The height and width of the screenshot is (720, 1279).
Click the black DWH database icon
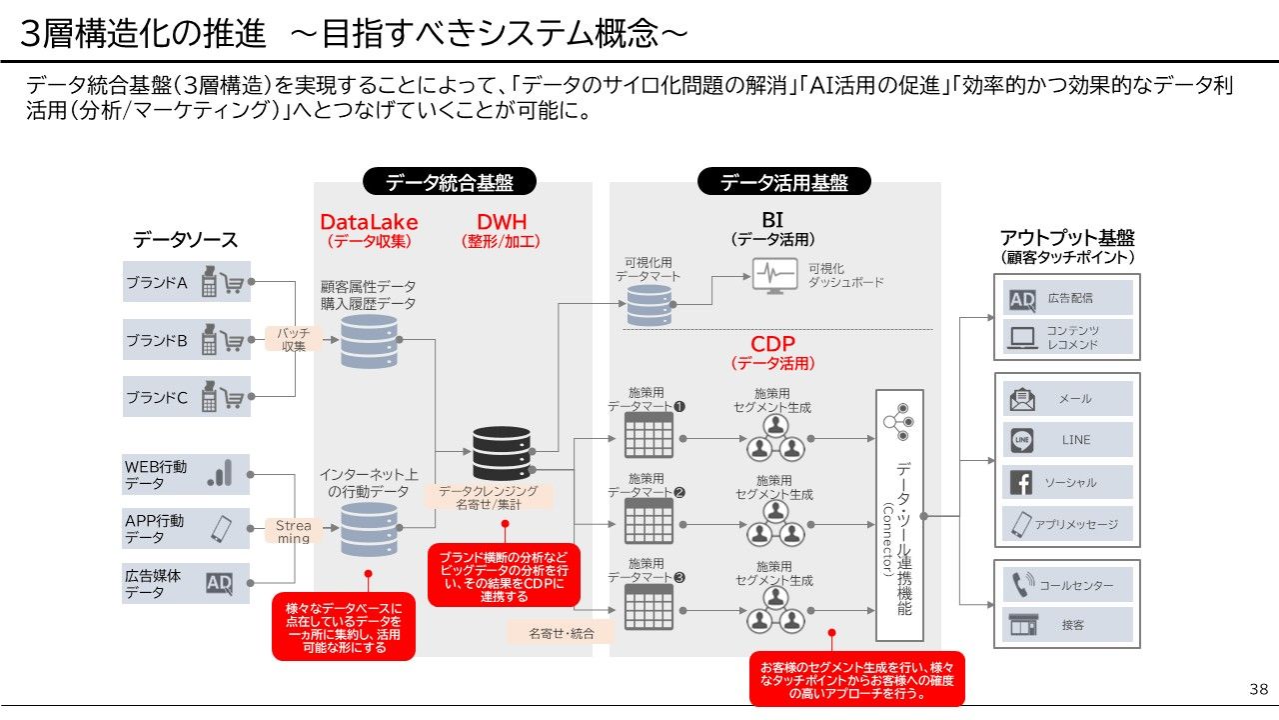(x=502, y=453)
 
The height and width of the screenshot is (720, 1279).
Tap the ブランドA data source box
(x=186, y=282)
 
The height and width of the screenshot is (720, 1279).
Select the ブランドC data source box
(x=186, y=397)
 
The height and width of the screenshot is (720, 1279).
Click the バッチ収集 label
(x=293, y=339)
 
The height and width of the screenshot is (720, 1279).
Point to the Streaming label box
(x=293, y=531)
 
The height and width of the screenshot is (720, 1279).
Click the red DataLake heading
(x=369, y=222)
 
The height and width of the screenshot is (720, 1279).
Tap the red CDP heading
(x=772, y=345)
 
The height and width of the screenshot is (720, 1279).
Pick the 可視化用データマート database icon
(x=648, y=305)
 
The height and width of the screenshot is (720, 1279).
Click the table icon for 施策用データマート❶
(x=648, y=436)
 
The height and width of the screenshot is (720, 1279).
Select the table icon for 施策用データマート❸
(x=648, y=607)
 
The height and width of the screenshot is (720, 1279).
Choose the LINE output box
(x=1067, y=440)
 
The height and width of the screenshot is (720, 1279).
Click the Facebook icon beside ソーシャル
(x=1021, y=482)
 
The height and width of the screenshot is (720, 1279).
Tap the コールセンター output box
(x=1067, y=585)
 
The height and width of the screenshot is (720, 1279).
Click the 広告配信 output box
(x=1067, y=298)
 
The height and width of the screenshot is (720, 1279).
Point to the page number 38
(x=1258, y=689)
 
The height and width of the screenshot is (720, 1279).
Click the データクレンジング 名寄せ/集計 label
(x=489, y=498)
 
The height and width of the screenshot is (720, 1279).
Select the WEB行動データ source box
(x=186, y=475)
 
